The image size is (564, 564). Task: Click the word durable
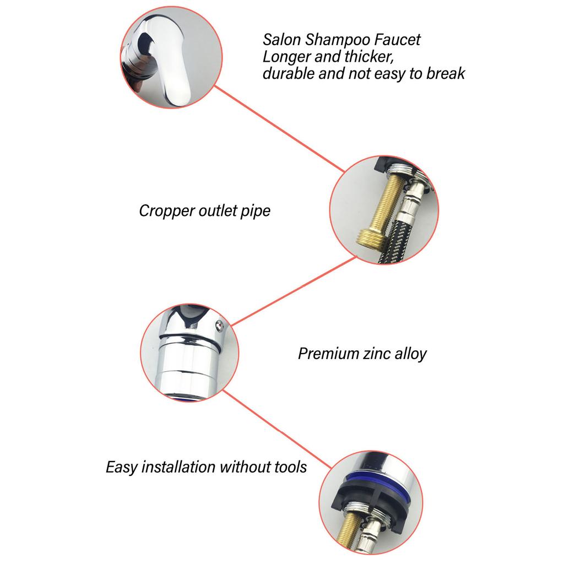coord(289,73)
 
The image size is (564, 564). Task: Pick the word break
coord(445,73)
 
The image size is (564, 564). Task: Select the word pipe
coord(258,211)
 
